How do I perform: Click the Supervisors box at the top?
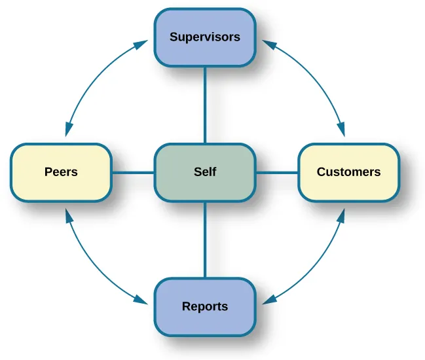(204, 37)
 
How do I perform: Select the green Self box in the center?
(204, 172)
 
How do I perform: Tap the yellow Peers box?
(61, 172)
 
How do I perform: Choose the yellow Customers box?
(348, 172)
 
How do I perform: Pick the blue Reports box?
(204, 306)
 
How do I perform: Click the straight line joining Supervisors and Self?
(205, 105)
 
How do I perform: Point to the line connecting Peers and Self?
(132, 173)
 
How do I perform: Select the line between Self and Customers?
(276, 173)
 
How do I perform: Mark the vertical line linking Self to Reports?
(205, 240)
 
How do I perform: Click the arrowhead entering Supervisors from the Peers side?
(141, 44)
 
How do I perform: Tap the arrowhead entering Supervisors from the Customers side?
(268, 44)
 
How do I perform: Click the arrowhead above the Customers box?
(341, 131)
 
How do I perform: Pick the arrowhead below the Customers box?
(341, 214)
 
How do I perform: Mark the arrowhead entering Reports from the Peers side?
(141, 300)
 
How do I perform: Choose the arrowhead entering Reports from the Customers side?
(268, 300)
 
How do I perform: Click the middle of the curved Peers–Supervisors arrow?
(92, 75)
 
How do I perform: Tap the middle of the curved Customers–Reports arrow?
(318, 269)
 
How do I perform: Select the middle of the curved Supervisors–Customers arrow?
(318, 75)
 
